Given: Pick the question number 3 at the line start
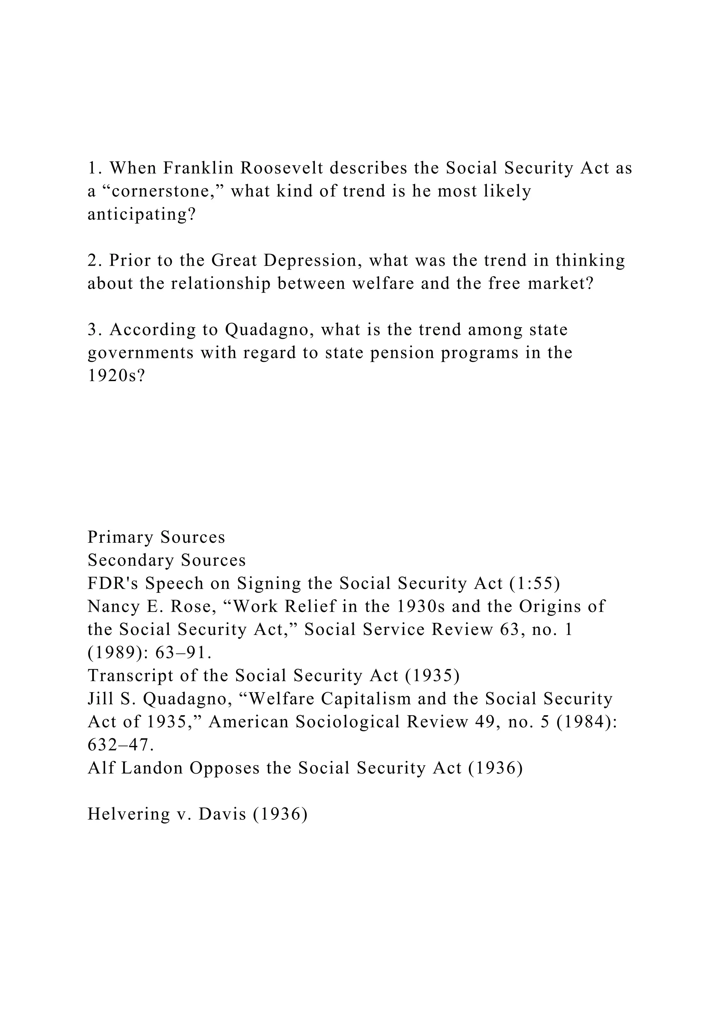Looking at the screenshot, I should point(92,330).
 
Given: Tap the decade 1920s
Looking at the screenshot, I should point(116,376).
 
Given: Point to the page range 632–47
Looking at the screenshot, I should point(121,745).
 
